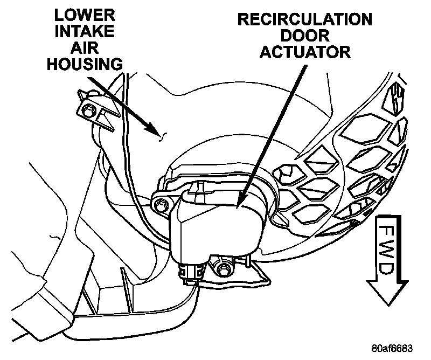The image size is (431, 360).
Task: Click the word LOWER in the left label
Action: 85,15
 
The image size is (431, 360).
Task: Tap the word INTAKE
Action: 85,31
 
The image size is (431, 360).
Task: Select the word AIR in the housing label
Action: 85,47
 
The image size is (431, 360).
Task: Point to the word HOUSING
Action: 85,64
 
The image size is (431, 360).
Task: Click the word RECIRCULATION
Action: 305,19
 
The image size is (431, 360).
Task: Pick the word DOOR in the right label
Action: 305,36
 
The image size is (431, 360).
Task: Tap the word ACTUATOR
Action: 305,52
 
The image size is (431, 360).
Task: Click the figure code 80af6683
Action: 392,348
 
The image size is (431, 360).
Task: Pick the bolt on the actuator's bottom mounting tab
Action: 223,268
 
